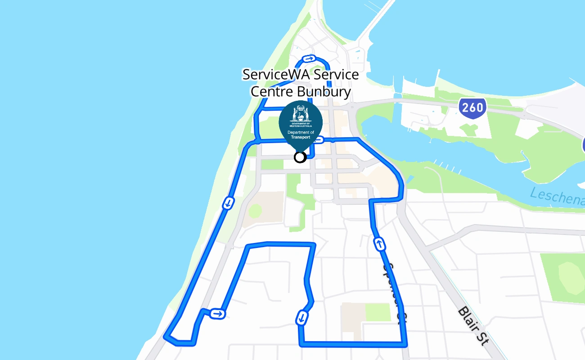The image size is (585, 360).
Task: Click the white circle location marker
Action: [300, 157]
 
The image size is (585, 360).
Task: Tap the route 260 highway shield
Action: [472, 108]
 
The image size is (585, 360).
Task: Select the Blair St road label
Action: [473, 326]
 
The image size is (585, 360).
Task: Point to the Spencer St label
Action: [391, 292]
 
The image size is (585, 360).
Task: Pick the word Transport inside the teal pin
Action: [301, 137]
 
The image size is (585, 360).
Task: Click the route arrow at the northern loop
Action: [309, 58]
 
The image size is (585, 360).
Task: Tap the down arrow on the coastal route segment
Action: [228, 203]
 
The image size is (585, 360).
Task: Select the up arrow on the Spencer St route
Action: [380, 244]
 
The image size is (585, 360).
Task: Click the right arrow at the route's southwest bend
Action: [217, 314]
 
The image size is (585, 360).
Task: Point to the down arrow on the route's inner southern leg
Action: [301, 318]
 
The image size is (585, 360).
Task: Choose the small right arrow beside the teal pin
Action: [318, 140]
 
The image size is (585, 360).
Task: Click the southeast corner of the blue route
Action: [405, 344]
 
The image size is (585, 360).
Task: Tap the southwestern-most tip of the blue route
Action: [166, 337]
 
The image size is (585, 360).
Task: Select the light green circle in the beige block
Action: [255, 211]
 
